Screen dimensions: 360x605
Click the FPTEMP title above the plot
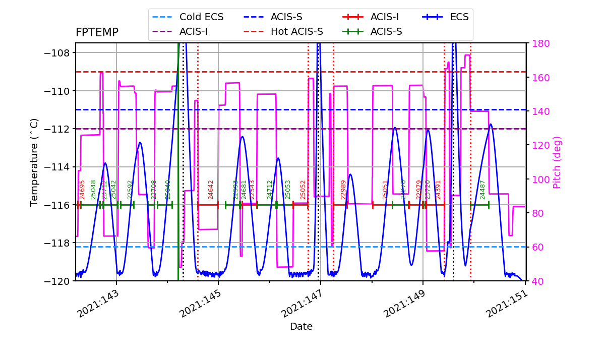[x=97, y=33]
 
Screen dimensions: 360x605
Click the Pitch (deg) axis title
[x=557, y=162]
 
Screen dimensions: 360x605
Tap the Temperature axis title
[x=34, y=162]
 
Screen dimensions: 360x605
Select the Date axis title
[x=301, y=327]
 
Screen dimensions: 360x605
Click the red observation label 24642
[x=211, y=190]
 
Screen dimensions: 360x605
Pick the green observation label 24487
[x=482, y=190]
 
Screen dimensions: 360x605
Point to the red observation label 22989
[x=343, y=190]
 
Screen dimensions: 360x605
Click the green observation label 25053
[x=288, y=190]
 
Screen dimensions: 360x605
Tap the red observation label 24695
[x=82, y=190]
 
